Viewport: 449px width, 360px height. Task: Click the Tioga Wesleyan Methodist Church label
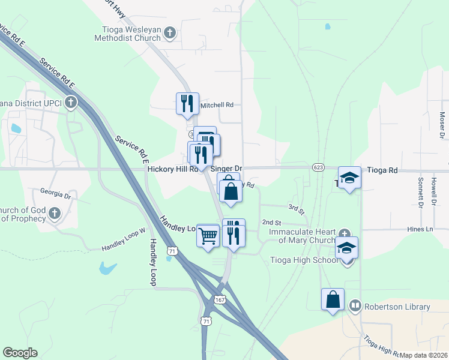click(127, 33)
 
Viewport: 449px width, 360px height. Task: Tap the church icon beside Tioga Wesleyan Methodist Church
click(170, 33)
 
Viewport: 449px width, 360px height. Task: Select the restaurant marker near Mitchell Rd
click(187, 103)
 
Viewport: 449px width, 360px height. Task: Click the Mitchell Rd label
click(217, 105)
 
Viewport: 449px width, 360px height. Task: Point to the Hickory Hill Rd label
click(172, 170)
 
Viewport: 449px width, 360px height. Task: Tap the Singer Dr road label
click(226, 169)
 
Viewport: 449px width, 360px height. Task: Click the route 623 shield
click(318, 167)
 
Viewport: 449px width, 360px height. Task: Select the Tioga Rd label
click(384, 170)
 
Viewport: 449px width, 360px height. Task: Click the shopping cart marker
click(208, 236)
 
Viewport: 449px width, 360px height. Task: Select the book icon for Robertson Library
click(355, 307)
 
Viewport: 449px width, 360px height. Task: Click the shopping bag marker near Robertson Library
click(333, 299)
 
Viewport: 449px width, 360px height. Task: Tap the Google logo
click(20, 353)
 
